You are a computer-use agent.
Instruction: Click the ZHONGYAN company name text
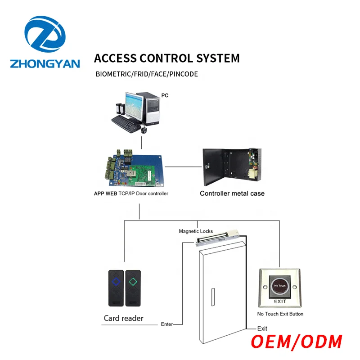(x=45, y=63)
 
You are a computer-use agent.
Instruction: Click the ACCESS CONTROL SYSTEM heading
(x=166, y=58)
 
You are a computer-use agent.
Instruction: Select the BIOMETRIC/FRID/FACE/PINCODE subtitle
(x=147, y=74)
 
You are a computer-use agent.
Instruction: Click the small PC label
(x=165, y=96)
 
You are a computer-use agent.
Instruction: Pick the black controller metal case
(x=229, y=165)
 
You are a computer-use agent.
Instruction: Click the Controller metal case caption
(x=232, y=193)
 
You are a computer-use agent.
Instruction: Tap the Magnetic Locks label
(x=196, y=231)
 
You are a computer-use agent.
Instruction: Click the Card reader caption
(x=124, y=318)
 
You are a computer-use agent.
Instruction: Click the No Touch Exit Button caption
(x=280, y=314)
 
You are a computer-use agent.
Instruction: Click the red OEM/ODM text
(x=297, y=341)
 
